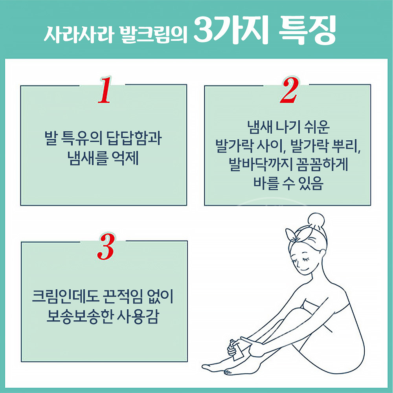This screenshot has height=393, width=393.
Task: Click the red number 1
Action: pos(103,91)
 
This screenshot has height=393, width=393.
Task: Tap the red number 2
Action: pos(288,91)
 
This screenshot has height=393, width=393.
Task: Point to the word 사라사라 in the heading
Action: pos(78,34)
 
